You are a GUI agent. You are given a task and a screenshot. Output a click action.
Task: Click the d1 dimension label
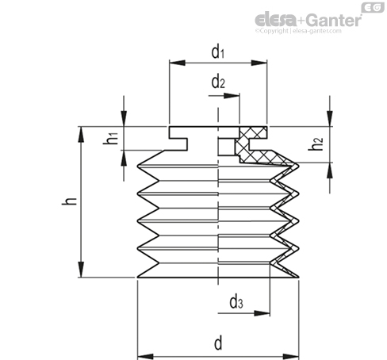[x=218, y=52]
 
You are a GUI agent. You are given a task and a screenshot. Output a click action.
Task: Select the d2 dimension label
[x=218, y=82]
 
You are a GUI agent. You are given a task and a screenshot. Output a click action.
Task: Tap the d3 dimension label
[x=236, y=302]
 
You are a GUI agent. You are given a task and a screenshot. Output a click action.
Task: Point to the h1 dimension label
[x=111, y=138]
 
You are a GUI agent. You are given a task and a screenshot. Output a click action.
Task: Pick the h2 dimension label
[x=316, y=144]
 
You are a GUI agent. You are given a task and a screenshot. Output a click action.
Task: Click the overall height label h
[x=69, y=201]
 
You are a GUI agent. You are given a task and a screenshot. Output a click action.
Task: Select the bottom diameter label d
[x=218, y=343]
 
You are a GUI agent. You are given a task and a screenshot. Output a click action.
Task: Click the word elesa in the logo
[x=276, y=20]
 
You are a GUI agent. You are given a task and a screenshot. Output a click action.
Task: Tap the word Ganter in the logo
[x=335, y=20]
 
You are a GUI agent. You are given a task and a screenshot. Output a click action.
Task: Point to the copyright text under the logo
[x=298, y=31]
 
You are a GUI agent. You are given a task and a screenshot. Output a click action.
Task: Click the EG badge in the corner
[x=373, y=7]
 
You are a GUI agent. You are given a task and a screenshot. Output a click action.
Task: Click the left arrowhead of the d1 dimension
[x=177, y=63]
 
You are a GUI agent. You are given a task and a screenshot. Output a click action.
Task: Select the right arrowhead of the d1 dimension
[x=259, y=63]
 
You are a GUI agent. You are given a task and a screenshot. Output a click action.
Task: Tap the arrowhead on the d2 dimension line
[x=232, y=95]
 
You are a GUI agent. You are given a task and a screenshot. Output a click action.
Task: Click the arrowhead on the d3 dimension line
[x=262, y=313]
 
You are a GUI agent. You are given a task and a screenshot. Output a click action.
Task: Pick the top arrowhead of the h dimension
[x=81, y=135]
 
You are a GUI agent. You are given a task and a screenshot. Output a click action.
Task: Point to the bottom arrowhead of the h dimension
[x=81, y=270]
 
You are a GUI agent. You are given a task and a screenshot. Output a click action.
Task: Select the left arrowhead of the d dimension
[x=145, y=356]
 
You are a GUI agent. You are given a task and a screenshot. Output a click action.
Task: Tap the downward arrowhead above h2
[x=330, y=119]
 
